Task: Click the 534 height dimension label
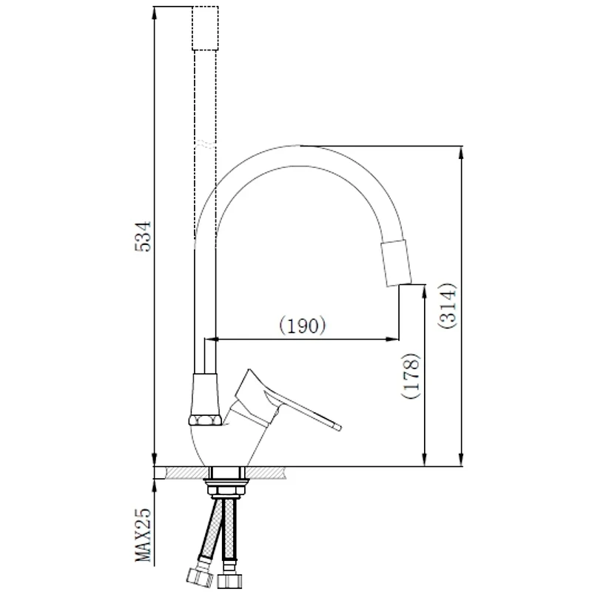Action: (x=143, y=236)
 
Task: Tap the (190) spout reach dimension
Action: (x=303, y=325)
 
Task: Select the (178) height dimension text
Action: (x=411, y=376)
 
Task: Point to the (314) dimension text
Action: (x=448, y=306)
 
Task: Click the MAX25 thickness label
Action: (x=143, y=534)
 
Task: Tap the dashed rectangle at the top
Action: (x=205, y=28)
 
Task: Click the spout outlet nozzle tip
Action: (x=397, y=263)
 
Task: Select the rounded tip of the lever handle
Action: (x=338, y=427)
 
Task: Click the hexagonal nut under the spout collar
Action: (x=205, y=420)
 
